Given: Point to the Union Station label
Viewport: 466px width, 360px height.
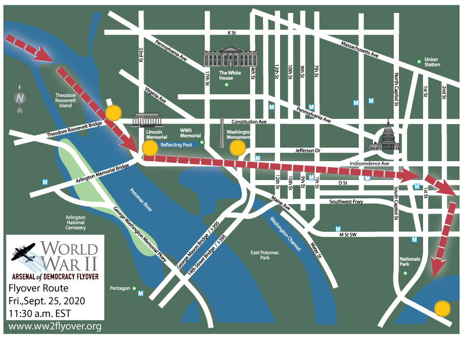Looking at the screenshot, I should [x=432, y=62].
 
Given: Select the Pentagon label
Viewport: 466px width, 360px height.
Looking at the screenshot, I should [x=121, y=288].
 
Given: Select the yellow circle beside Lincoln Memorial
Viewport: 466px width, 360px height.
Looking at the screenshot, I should [x=151, y=148].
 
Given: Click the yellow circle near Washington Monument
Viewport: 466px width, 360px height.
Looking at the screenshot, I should [x=237, y=148].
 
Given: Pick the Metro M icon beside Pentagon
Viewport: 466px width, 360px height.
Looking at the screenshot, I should [x=140, y=293].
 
